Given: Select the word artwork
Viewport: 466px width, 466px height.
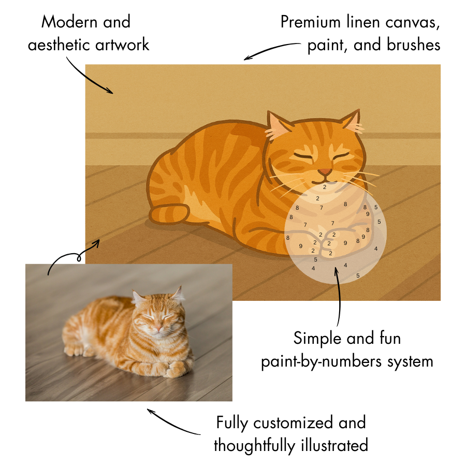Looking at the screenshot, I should point(123,45).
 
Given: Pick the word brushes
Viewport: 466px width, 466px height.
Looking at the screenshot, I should point(414,45).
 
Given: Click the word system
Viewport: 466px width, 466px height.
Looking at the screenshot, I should point(409,361).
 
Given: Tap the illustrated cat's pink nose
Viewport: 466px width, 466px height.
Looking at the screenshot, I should point(325,171).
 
